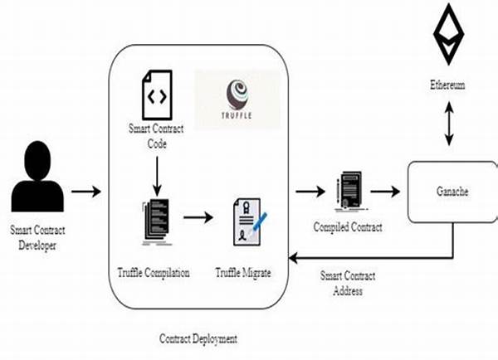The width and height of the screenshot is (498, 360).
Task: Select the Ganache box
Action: [x=452, y=192]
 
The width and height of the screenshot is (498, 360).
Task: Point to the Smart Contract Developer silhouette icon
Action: [x=37, y=178]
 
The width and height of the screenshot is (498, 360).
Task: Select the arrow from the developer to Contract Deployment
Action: [x=85, y=192]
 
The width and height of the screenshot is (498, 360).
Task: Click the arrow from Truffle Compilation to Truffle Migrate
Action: [x=198, y=220]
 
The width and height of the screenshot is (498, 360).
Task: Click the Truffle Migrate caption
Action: [x=244, y=271]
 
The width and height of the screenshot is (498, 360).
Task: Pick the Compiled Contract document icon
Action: [x=349, y=192]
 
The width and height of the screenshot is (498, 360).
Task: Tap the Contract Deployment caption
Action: [x=198, y=339]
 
